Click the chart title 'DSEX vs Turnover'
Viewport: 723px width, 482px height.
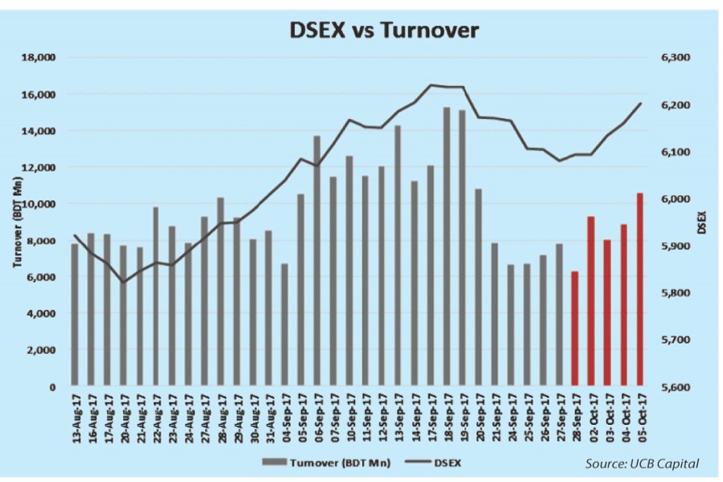point(384,31)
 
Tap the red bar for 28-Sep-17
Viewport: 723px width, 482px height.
point(574,329)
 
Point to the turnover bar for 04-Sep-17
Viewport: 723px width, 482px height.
point(284,325)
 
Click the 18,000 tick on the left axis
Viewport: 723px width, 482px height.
point(38,58)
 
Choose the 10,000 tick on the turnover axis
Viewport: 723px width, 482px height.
point(38,204)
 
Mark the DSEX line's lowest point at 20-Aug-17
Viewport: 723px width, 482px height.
point(124,282)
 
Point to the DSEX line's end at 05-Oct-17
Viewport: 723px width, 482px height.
point(641,102)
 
